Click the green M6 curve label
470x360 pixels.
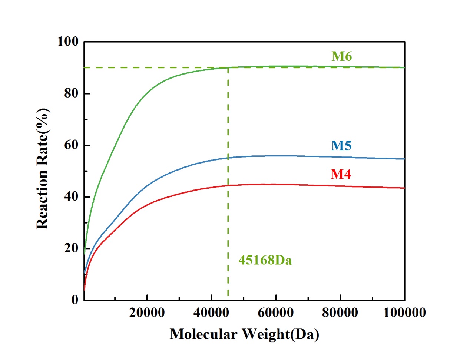[x=341, y=56]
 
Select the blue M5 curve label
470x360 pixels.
[x=341, y=146]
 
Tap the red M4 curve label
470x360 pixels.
[x=341, y=174]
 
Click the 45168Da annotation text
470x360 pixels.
[x=265, y=260]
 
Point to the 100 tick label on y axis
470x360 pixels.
[x=68, y=42]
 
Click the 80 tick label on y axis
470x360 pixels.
[x=71, y=93]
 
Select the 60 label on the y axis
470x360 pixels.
[x=71, y=145]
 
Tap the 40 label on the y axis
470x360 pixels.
[x=71, y=196]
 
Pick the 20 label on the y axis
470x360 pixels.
[x=71, y=248]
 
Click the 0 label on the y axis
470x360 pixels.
[x=75, y=300]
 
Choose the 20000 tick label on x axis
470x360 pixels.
[x=147, y=313]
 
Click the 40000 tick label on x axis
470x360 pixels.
[x=211, y=313]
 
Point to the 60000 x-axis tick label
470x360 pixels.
[x=276, y=313]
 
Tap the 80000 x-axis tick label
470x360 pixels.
[x=340, y=313]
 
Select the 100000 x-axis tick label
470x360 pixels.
[x=404, y=313]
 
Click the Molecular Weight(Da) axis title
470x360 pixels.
[x=244, y=334]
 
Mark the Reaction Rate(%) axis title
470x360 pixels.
[x=43, y=169]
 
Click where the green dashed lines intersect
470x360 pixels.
[x=228, y=67]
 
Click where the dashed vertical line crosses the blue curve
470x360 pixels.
[x=228, y=158]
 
